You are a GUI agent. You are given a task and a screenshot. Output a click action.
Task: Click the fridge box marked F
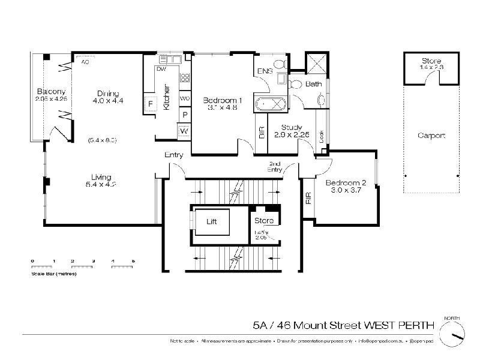(x=150, y=104)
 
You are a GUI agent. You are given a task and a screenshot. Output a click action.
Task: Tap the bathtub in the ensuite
(x=270, y=104)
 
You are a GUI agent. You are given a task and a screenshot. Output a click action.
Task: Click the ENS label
(x=265, y=71)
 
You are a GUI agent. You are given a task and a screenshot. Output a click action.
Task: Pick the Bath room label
(x=313, y=85)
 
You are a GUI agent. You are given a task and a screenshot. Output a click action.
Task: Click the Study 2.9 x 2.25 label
(x=287, y=130)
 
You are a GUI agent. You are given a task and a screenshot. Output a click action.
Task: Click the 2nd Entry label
(x=275, y=167)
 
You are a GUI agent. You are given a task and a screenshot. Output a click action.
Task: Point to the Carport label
(x=431, y=136)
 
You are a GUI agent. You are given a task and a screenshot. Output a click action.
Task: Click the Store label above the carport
(x=431, y=61)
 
